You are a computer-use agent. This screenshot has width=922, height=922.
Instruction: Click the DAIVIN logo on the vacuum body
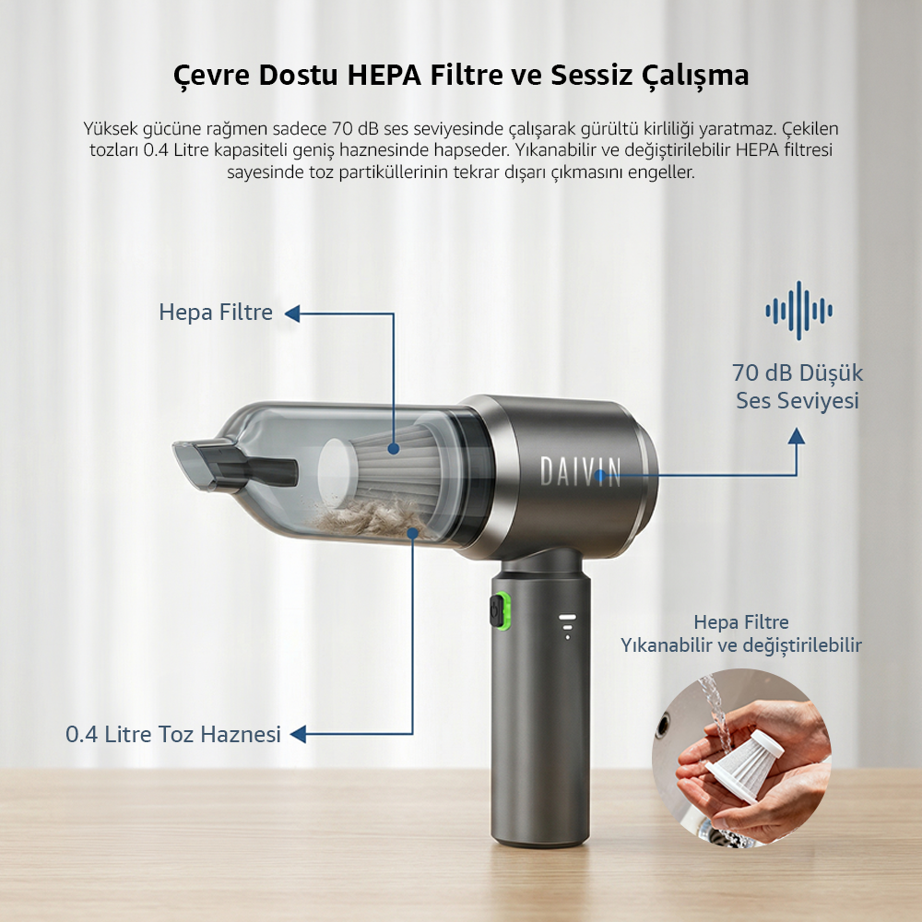click(x=580, y=471)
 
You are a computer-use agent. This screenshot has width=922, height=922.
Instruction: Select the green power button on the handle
click(x=500, y=610)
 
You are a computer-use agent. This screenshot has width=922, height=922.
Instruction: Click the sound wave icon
click(x=798, y=311)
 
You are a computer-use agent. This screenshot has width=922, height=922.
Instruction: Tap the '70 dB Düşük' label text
click(x=798, y=372)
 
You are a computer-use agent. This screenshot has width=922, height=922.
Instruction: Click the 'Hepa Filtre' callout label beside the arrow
click(x=216, y=313)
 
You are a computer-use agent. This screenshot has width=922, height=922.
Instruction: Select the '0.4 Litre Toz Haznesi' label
click(x=173, y=735)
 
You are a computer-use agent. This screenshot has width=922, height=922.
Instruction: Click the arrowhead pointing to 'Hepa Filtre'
click(x=292, y=313)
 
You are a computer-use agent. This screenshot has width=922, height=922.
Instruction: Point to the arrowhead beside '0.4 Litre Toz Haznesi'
click(x=298, y=734)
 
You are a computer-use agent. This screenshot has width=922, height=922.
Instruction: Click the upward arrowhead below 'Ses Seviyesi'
click(x=797, y=436)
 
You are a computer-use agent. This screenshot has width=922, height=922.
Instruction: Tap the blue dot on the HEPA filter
click(x=394, y=449)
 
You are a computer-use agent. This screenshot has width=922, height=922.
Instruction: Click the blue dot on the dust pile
click(x=413, y=533)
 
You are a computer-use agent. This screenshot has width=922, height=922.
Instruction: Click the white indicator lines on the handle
click(x=567, y=626)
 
